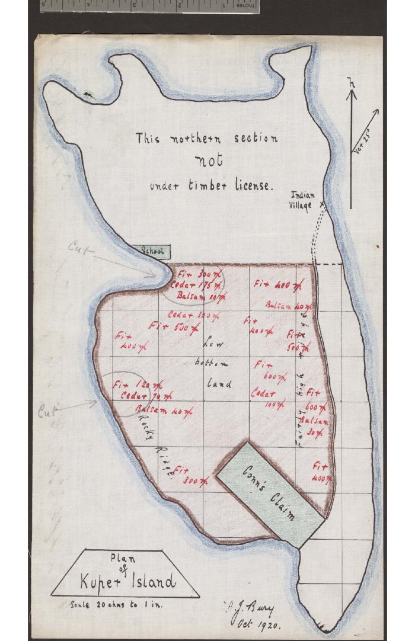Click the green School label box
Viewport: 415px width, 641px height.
[153, 252]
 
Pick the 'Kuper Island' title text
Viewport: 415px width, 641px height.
[127, 581]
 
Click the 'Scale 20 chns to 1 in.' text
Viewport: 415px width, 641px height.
[116, 605]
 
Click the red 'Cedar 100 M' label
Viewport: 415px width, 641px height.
[265, 398]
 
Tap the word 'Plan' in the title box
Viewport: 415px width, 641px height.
[123, 558]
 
